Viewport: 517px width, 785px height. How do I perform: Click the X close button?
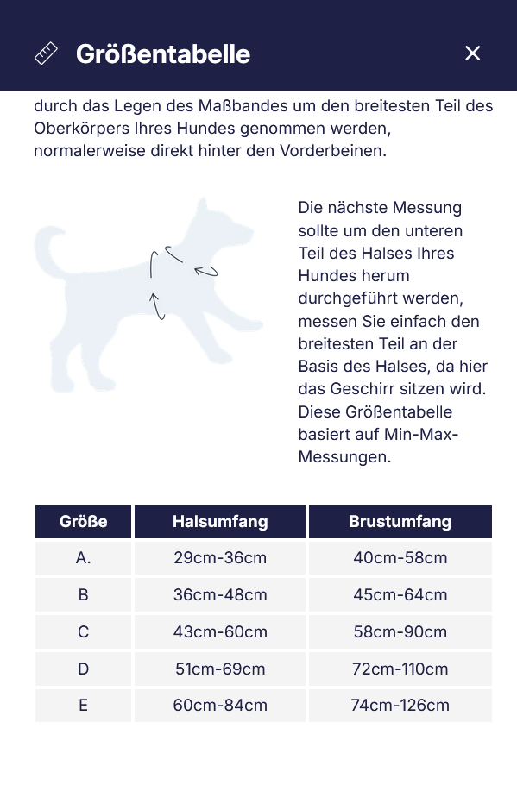tap(472, 53)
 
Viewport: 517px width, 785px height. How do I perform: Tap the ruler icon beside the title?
tap(46, 53)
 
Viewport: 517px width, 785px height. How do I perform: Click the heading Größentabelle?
tap(163, 53)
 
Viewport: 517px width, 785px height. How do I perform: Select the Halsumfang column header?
tap(220, 521)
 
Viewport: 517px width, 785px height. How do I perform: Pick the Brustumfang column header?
tap(400, 521)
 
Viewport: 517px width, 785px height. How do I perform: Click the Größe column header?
tap(84, 521)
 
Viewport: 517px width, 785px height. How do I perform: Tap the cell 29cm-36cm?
tap(220, 558)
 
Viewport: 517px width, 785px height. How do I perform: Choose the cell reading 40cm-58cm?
tap(400, 558)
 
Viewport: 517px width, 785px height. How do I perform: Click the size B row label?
tap(84, 595)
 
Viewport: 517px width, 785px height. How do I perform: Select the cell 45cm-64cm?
tap(400, 595)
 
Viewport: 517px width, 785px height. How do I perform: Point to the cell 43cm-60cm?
tap(220, 632)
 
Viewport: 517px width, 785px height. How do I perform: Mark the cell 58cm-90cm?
tap(400, 632)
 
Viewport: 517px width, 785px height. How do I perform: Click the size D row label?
tap(84, 669)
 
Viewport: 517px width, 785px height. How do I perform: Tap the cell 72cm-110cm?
tap(400, 669)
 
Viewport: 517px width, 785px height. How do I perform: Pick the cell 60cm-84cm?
tap(220, 706)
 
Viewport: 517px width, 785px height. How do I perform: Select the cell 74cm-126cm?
tap(400, 706)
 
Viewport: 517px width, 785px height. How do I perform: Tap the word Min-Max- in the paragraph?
tap(421, 434)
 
